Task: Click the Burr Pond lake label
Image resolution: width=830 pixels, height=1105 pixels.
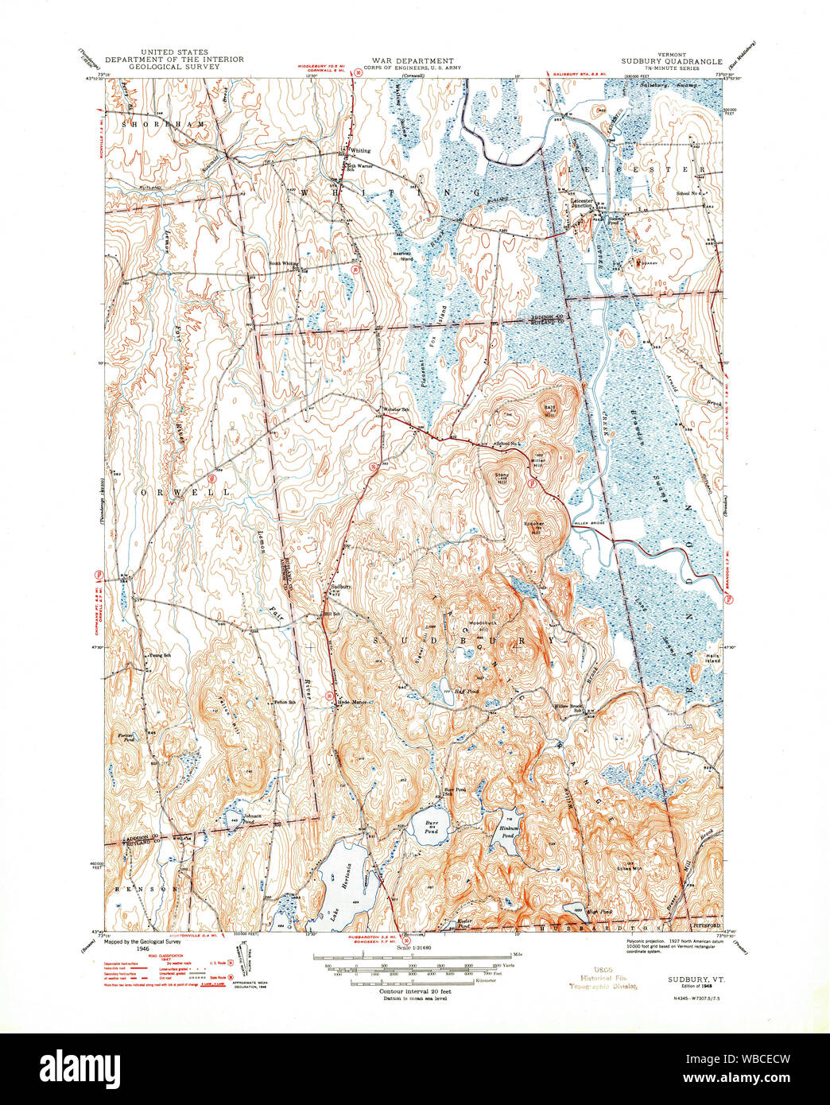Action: click(431, 827)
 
